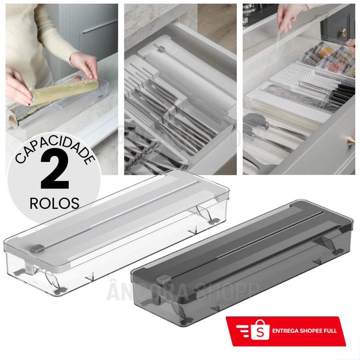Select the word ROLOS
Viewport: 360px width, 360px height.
coord(54,203)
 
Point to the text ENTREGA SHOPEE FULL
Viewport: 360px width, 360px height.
coord(304,331)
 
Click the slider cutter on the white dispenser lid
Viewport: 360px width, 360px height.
coord(37,248)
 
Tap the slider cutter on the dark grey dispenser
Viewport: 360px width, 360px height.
coord(162,279)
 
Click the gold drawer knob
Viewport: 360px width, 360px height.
coord(351,140)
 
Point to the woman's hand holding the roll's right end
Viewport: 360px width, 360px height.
coord(85,64)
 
